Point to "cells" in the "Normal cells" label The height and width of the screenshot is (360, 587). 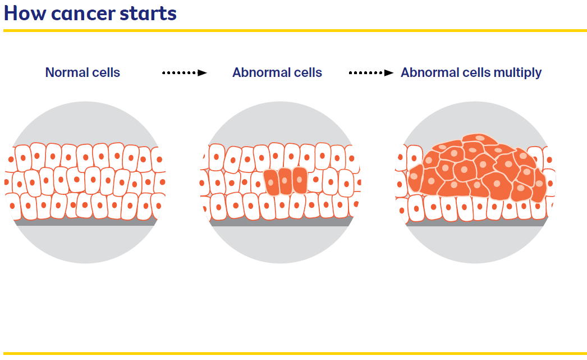click(x=106, y=72)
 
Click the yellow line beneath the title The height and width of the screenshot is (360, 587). click(x=293, y=30)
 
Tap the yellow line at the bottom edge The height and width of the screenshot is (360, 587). click(x=293, y=353)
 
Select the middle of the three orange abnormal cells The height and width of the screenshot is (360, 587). click(x=285, y=181)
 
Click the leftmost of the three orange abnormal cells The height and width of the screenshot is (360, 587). click(x=270, y=181)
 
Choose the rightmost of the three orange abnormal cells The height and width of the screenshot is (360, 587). click(x=300, y=180)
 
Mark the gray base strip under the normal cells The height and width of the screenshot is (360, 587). click(x=84, y=222)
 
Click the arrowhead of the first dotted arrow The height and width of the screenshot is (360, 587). click(x=203, y=72)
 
